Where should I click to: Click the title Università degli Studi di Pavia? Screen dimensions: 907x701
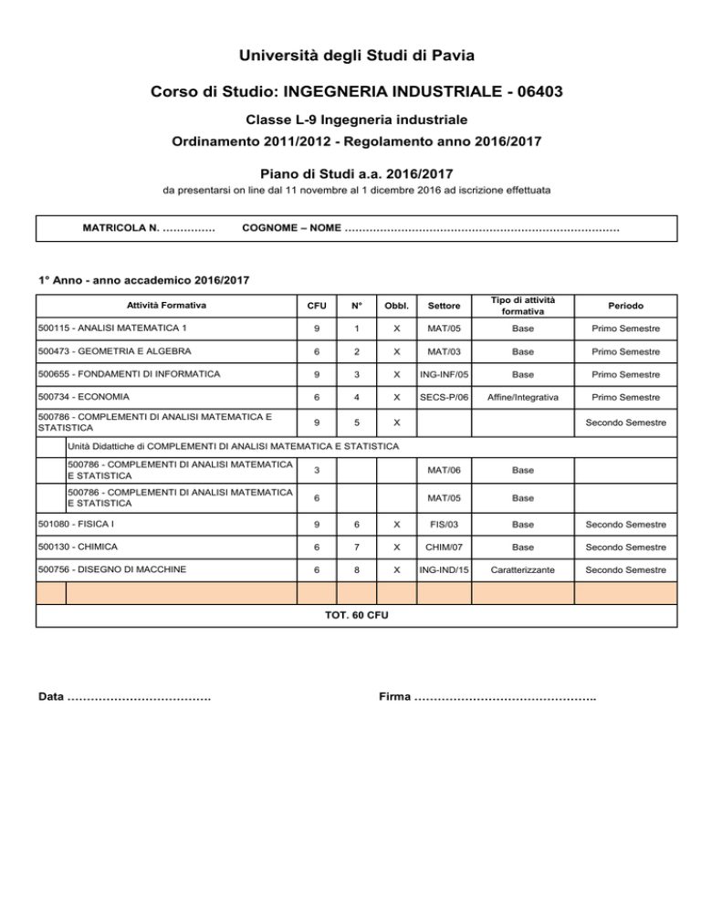pyautogui.click(x=350, y=57)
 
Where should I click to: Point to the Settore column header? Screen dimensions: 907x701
pyautogui.click(x=444, y=305)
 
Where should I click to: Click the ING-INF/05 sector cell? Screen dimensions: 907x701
pyautogui.click(x=444, y=374)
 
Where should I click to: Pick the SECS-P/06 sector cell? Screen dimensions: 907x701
pyautogui.click(x=444, y=397)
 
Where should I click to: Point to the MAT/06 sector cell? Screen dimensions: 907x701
pyautogui.click(x=444, y=471)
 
